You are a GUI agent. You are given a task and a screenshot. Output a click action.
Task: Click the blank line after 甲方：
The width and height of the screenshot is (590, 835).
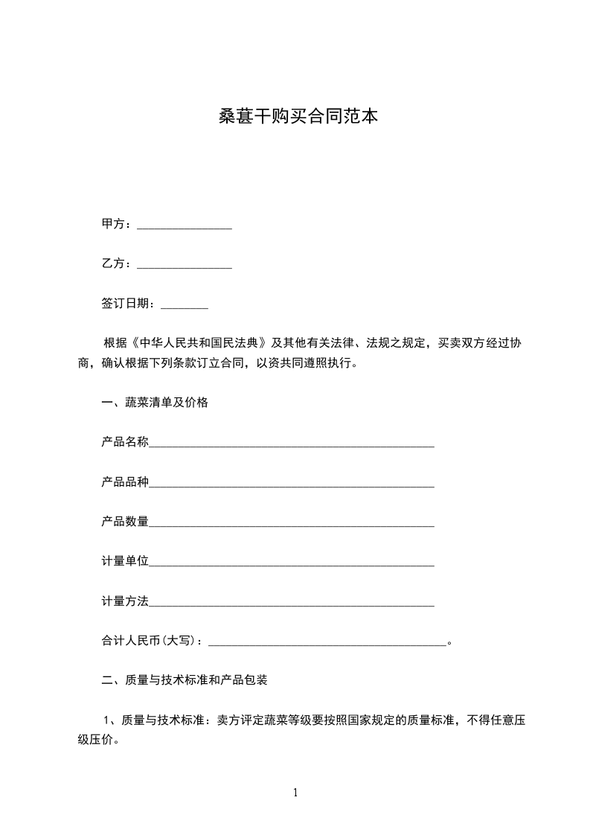[x=185, y=225]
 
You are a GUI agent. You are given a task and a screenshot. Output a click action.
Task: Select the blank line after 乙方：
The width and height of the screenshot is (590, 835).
[x=185, y=264]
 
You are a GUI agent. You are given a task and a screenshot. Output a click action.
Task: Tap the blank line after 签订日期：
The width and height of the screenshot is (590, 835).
[x=185, y=304]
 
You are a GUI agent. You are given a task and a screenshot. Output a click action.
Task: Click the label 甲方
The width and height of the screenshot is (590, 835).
[x=113, y=225]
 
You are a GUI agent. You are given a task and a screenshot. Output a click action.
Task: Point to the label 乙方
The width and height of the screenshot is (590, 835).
[x=113, y=264]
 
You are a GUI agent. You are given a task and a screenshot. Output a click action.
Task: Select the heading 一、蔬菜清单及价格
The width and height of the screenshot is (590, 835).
[x=155, y=403]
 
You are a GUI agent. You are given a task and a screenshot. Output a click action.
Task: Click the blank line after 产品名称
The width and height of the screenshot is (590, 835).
[x=292, y=444]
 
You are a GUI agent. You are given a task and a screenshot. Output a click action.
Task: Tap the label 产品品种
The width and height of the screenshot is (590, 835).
[x=125, y=482]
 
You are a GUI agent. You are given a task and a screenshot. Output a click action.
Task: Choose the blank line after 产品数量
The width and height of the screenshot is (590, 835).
[x=292, y=522]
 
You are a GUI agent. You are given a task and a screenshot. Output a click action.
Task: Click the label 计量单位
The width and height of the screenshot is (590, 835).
[x=125, y=561]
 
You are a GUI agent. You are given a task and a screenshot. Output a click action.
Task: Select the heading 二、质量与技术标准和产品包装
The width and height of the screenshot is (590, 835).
[x=185, y=679]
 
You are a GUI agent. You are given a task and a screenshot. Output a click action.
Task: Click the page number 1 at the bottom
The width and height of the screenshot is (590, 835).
[x=295, y=793]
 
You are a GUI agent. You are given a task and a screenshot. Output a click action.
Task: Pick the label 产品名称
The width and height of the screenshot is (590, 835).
[x=125, y=443]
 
